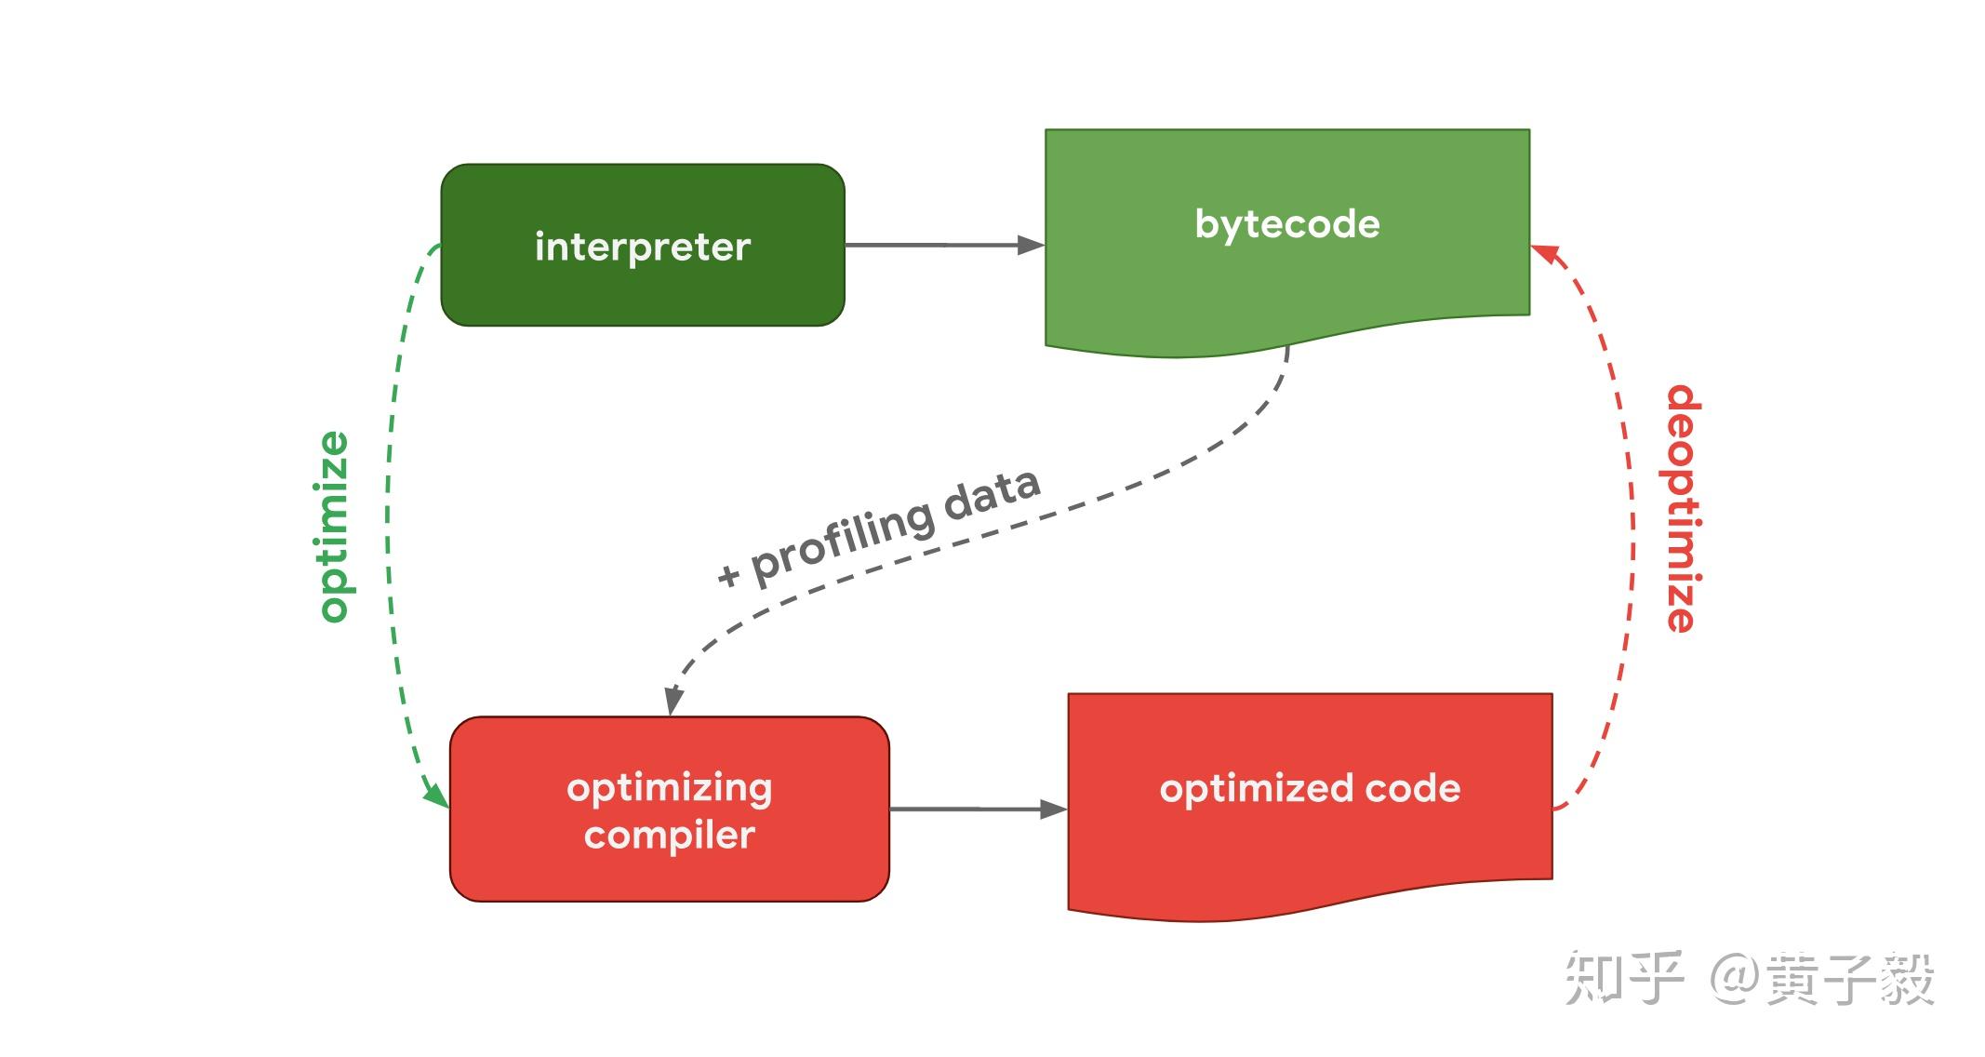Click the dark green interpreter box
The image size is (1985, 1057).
(643, 245)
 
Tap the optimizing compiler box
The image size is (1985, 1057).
(670, 809)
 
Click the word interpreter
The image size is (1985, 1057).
(643, 248)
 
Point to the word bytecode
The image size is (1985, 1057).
(1287, 225)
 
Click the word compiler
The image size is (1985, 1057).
(670, 836)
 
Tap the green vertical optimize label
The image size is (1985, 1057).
(333, 526)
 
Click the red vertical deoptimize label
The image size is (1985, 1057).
(1683, 508)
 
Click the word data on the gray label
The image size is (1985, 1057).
(992, 493)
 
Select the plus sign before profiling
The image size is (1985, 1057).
(728, 574)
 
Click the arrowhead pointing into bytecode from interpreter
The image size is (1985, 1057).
(1031, 245)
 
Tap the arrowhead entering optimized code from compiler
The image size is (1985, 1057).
(1053, 809)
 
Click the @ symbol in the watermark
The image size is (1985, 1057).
(1732, 978)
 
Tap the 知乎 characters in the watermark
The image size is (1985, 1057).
(1623, 978)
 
